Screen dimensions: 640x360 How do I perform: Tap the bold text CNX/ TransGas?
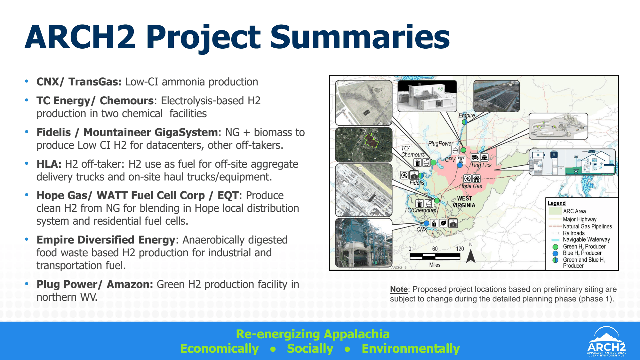point(79,82)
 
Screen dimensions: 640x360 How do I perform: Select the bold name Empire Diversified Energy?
point(106,240)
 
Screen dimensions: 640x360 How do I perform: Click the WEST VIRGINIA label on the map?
point(464,202)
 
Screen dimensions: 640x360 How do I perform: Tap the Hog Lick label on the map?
point(482,165)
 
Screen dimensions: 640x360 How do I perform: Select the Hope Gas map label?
point(470,186)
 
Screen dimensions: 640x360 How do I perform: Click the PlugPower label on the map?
point(441,144)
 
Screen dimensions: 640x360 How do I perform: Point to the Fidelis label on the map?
point(417,183)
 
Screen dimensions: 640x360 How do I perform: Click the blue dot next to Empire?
point(464,122)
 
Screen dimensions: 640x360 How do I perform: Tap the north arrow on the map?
point(471,255)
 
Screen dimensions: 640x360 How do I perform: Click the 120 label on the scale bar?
point(460,249)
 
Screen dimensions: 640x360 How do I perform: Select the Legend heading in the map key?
point(556,203)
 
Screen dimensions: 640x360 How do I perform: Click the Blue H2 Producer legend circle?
point(556,253)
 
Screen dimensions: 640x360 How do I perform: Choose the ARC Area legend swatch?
point(555,211)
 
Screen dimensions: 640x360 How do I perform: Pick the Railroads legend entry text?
point(574,233)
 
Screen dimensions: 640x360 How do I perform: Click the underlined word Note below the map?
point(399,289)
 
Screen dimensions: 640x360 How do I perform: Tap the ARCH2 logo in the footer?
point(606,341)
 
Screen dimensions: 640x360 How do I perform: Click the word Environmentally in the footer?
point(411,348)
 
